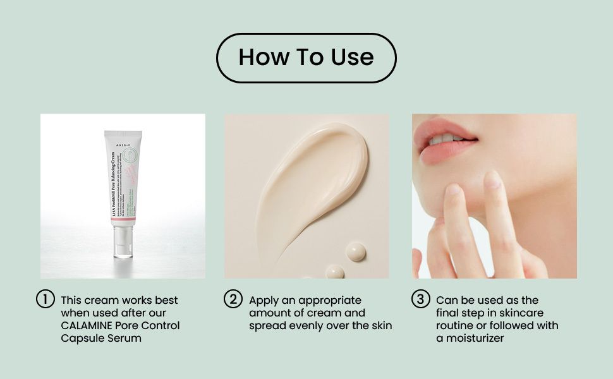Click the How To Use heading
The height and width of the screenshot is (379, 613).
pos(306,58)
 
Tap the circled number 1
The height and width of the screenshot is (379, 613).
pos(45,299)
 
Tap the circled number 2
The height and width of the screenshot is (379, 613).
pos(233,299)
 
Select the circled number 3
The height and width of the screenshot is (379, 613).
pos(420,299)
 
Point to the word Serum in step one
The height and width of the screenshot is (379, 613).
pos(126,338)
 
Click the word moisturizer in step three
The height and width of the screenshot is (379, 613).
pos(476,338)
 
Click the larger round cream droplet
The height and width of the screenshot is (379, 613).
pos(356,251)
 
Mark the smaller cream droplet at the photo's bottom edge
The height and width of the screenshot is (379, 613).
pos(334,272)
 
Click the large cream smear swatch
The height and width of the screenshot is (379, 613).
pos(316,183)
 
